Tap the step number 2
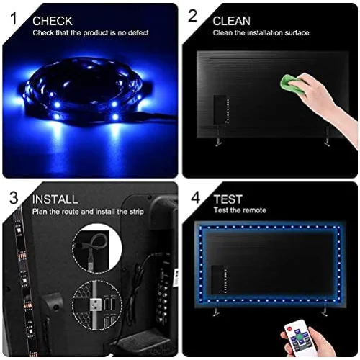pos(193,15)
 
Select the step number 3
pos(13,197)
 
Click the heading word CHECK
pos(53,21)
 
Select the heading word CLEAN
pos(233,21)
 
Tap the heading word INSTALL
pos(55,199)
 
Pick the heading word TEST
pos(228,199)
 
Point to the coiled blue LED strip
pos(83,94)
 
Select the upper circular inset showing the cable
pos(97,248)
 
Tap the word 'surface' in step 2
pos(295,32)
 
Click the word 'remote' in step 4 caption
pos(253,210)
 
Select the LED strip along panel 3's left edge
pos(16,281)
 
